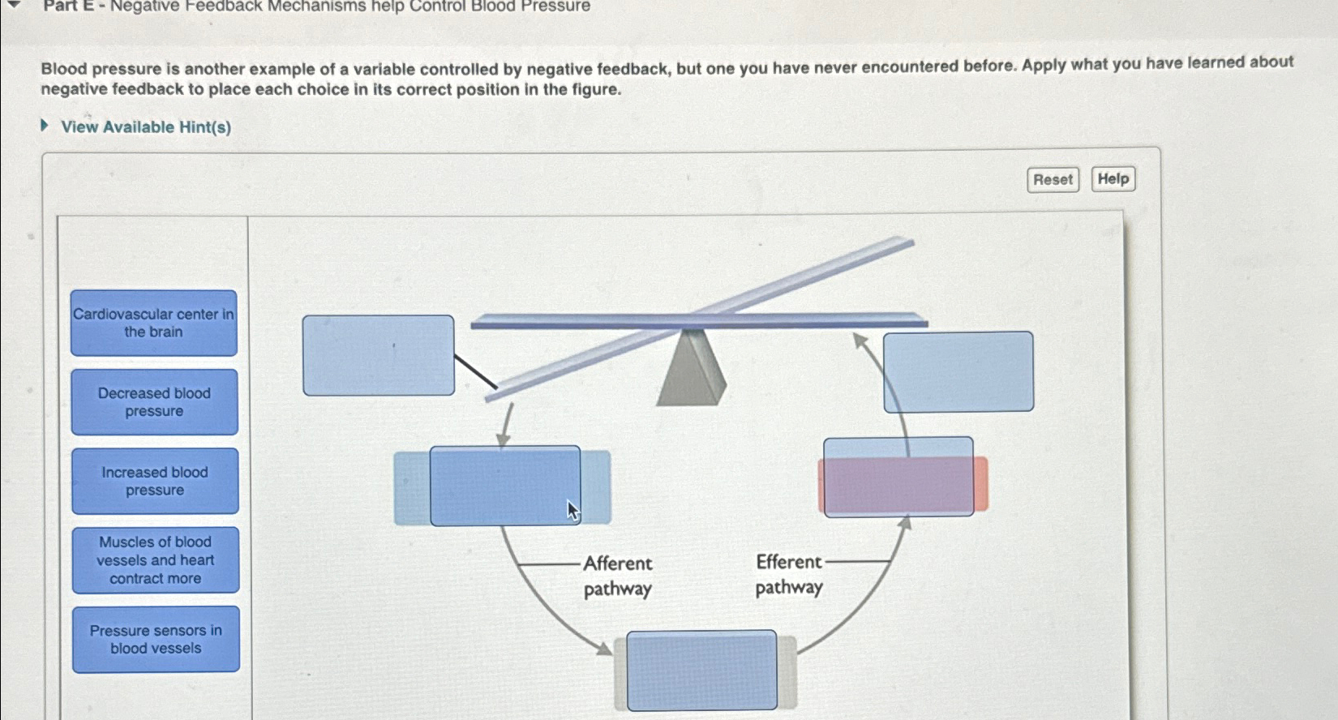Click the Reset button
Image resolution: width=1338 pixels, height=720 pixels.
[x=1053, y=180]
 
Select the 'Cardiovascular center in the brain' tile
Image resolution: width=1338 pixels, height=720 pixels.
[x=154, y=323]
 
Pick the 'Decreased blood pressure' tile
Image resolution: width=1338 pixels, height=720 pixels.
[x=154, y=402]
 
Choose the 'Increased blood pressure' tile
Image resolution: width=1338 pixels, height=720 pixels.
[x=155, y=481]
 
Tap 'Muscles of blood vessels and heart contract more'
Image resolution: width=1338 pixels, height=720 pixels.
[x=156, y=560]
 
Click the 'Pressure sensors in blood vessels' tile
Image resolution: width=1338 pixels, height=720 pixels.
[x=156, y=639]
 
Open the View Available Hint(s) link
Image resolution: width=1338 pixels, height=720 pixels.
[x=146, y=127]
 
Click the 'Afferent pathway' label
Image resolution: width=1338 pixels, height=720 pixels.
[x=618, y=576]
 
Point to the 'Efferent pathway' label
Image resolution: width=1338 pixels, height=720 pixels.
[x=788, y=574]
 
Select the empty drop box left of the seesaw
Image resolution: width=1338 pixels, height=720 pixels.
[x=378, y=355]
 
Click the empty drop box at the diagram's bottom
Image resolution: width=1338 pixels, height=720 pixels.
[x=701, y=671]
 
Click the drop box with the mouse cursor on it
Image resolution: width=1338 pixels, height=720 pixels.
[x=504, y=486]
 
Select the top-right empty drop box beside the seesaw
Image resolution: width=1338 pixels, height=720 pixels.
[x=958, y=371]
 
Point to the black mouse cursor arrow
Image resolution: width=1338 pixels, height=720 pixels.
[x=573, y=511]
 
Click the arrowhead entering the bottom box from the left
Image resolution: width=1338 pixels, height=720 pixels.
[x=604, y=649]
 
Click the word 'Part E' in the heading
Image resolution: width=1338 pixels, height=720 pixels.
[x=68, y=6]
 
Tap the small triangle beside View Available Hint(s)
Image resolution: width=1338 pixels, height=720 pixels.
[x=45, y=126]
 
